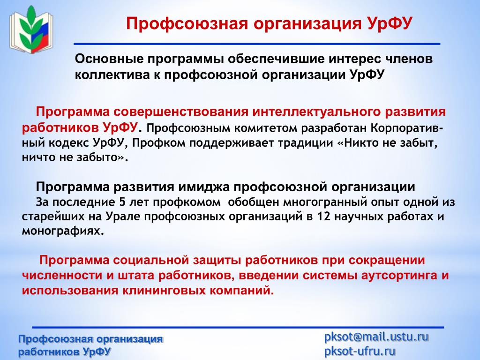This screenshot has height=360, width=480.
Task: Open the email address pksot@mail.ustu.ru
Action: point(376,337)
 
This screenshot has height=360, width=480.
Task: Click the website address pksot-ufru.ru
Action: point(360,351)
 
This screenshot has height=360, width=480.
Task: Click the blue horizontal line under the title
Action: point(257,44)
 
